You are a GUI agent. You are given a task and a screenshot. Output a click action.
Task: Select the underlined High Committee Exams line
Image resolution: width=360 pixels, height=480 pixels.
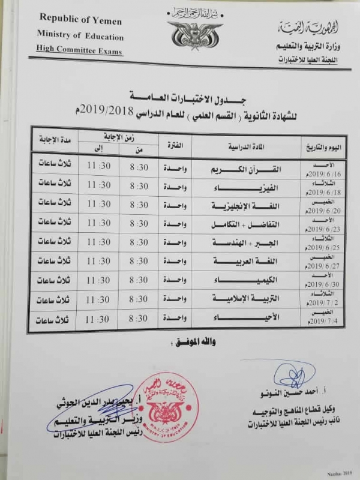(79, 52)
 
